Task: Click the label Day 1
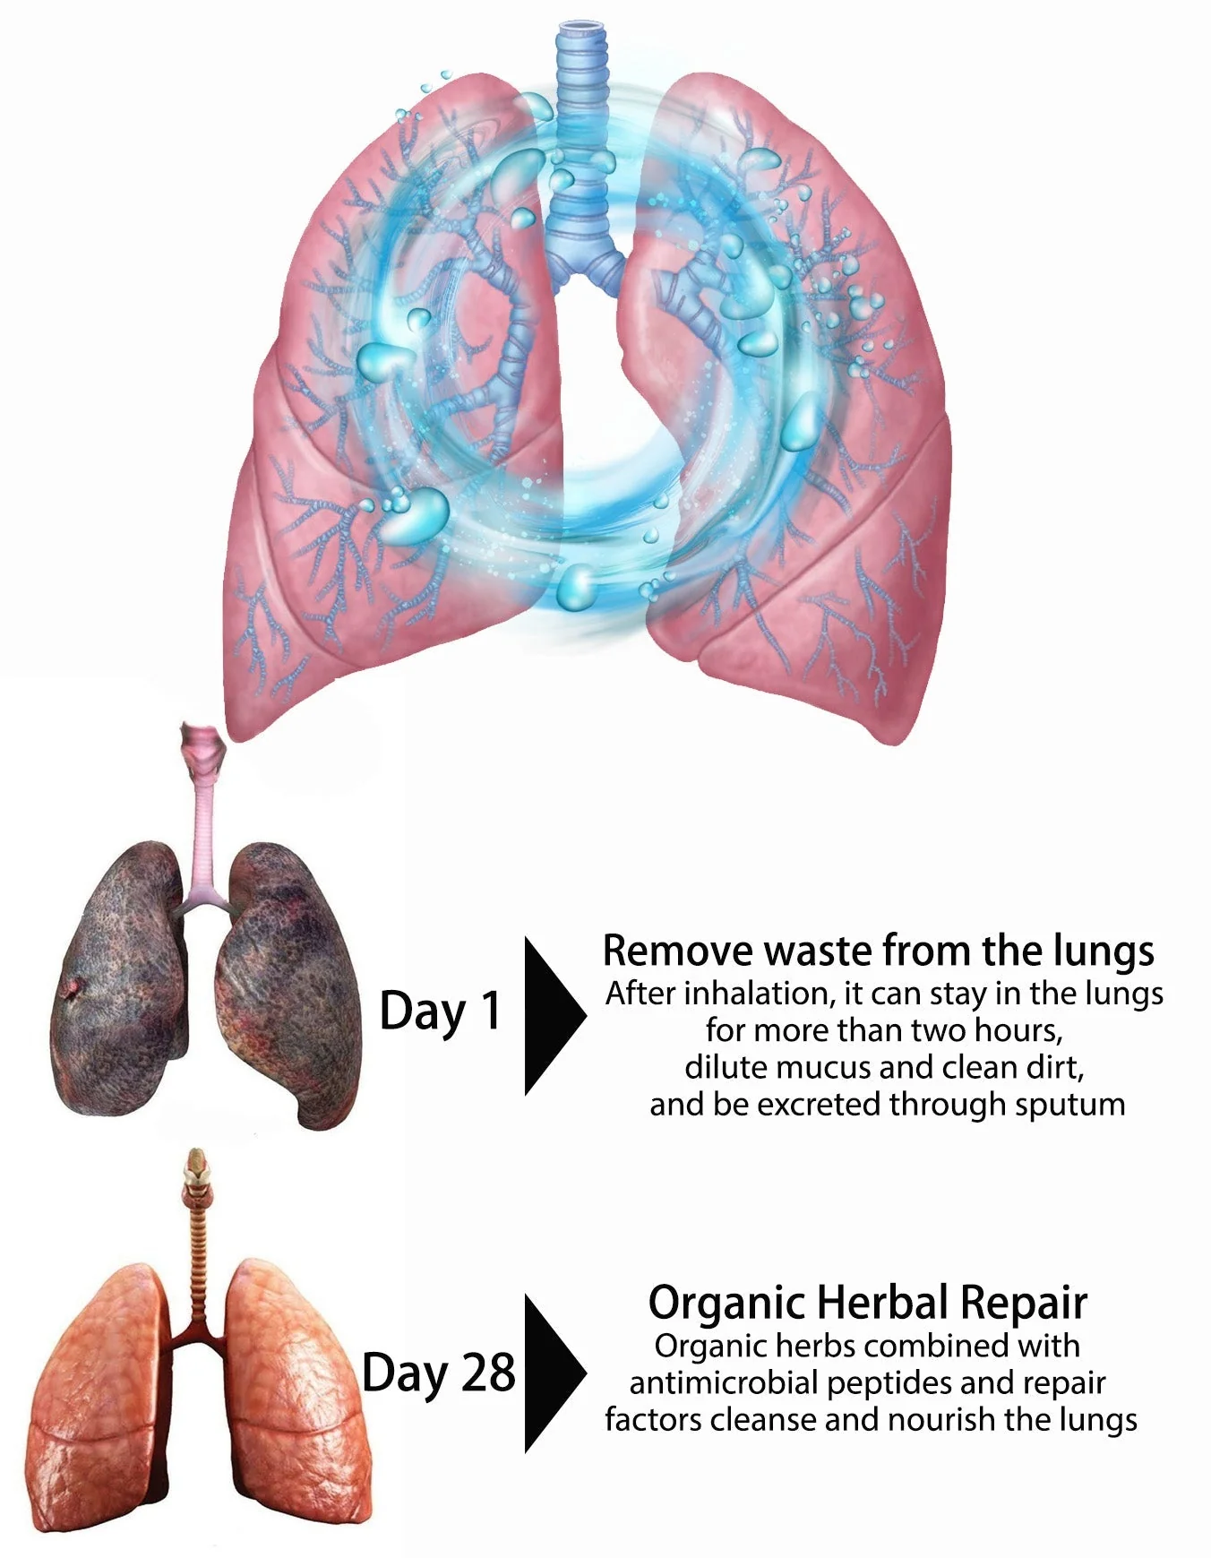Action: [440, 1011]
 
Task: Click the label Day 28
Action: [439, 1373]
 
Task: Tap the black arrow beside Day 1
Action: [550, 1016]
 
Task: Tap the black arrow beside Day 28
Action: [550, 1373]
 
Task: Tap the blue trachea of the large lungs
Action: [579, 134]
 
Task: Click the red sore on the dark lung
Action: [71, 989]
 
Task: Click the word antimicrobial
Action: [724, 1382]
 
